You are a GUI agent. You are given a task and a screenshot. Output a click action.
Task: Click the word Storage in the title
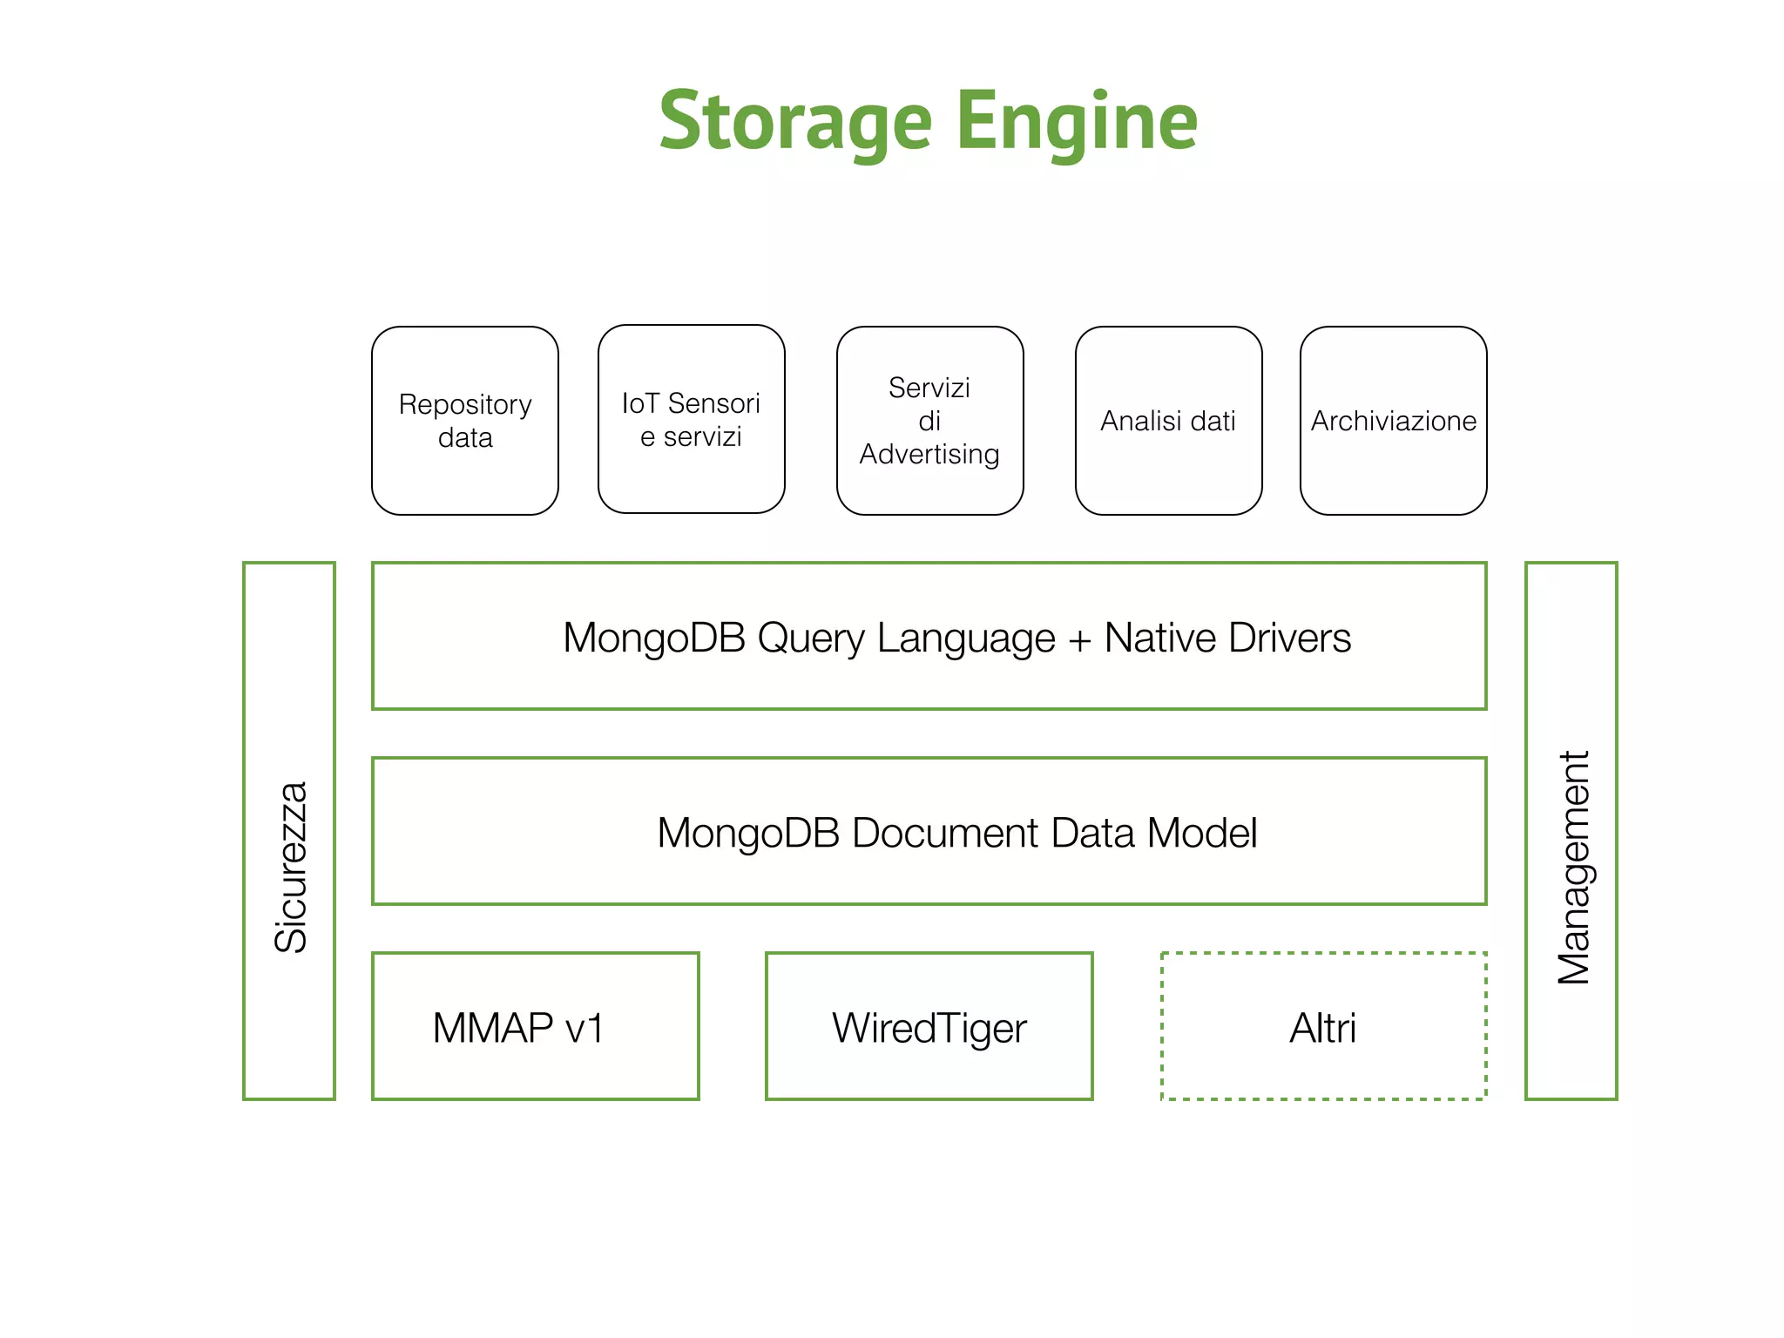click(x=795, y=122)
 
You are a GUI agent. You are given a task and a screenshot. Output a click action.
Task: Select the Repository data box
click(x=464, y=421)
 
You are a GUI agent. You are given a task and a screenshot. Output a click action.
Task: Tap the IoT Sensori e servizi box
click(x=691, y=419)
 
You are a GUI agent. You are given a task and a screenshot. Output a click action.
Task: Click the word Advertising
click(x=929, y=455)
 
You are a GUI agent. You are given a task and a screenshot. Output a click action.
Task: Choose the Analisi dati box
click(x=1168, y=421)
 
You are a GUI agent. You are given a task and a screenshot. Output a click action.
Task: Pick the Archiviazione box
click(x=1393, y=421)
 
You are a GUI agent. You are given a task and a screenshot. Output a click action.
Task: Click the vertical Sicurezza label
click(x=290, y=866)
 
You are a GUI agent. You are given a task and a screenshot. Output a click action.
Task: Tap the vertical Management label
click(x=1573, y=868)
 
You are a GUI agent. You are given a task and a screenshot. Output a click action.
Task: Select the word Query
click(x=811, y=639)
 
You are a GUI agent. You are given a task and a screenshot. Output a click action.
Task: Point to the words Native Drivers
click(x=1227, y=638)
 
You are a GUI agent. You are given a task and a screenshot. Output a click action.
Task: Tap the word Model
click(x=1202, y=833)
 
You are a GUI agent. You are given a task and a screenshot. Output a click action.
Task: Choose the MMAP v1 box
click(x=535, y=1026)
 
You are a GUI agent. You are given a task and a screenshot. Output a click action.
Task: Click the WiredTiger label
click(x=929, y=1028)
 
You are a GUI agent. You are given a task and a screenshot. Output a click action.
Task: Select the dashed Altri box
click(x=1322, y=1026)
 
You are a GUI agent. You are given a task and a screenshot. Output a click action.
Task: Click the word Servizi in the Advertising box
click(x=929, y=388)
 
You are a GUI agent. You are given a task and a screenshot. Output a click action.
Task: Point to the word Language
click(x=965, y=639)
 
